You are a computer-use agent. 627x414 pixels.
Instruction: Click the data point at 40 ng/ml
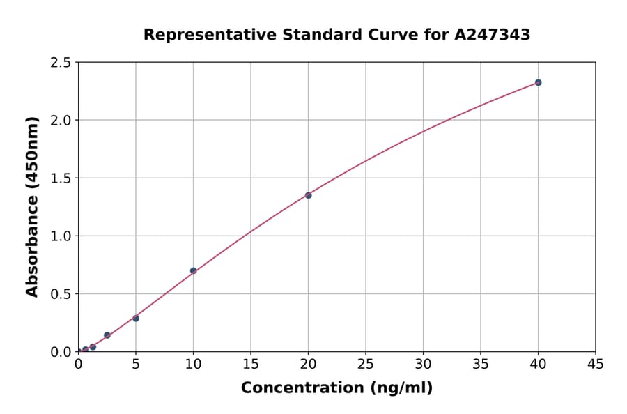[538, 82]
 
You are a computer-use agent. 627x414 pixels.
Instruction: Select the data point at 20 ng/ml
[308, 195]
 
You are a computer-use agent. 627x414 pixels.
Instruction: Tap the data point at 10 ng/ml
[193, 270]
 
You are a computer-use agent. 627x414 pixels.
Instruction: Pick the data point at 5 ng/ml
[136, 319]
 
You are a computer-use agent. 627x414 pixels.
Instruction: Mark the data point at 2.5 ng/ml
[107, 335]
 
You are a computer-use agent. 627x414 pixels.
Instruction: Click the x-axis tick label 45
[595, 364]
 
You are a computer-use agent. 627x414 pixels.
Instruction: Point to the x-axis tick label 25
[366, 364]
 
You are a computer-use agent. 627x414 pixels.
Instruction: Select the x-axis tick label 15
[251, 364]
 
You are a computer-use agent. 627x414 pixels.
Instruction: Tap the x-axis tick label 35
[481, 364]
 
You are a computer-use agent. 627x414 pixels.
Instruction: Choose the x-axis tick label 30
[423, 364]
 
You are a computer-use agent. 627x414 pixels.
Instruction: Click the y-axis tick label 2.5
[61, 63]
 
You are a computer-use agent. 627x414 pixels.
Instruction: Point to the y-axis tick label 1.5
[61, 178]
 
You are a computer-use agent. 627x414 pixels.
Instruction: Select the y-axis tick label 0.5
[61, 294]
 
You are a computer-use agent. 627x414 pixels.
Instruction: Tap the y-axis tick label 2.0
[61, 121]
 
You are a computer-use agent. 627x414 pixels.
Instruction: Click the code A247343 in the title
[492, 35]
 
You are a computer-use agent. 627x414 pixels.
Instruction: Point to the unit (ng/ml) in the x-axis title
[401, 388]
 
